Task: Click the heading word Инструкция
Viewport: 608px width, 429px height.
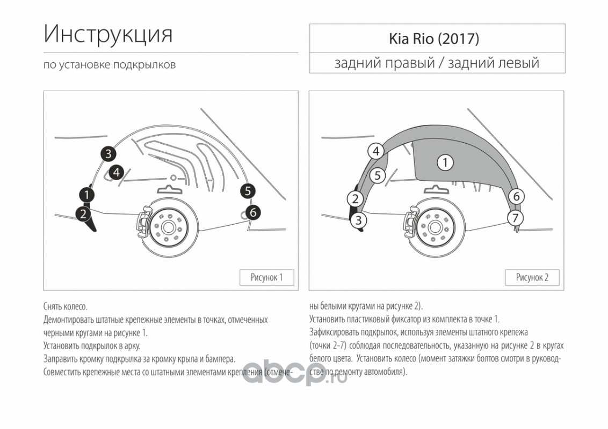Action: coord(108,34)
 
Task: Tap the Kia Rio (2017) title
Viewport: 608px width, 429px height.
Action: coord(434,39)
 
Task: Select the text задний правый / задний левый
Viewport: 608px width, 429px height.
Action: coord(437,63)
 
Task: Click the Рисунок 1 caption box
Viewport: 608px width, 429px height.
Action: coord(267,277)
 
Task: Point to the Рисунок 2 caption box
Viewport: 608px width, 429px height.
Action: coord(532,277)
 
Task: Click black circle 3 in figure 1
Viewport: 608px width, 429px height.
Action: coord(108,154)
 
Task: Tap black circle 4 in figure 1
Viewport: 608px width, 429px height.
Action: coord(117,172)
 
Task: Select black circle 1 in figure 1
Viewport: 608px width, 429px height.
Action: coord(87,195)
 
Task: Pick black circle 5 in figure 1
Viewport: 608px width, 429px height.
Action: coord(248,191)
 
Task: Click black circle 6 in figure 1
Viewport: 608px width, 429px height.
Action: coord(253,212)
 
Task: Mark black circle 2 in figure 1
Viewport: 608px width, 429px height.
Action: coord(83,213)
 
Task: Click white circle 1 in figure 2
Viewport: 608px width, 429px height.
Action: coord(445,162)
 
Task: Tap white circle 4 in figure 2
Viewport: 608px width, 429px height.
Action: coord(376,151)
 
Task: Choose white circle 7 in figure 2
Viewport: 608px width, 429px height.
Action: coord(515,218)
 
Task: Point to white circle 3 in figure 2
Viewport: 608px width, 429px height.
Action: coord(358,220)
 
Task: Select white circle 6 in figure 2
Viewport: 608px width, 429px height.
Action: coord(516,196)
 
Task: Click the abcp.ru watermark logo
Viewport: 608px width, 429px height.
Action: coord(295,373)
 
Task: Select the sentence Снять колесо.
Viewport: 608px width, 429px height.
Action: coord(66,307)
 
